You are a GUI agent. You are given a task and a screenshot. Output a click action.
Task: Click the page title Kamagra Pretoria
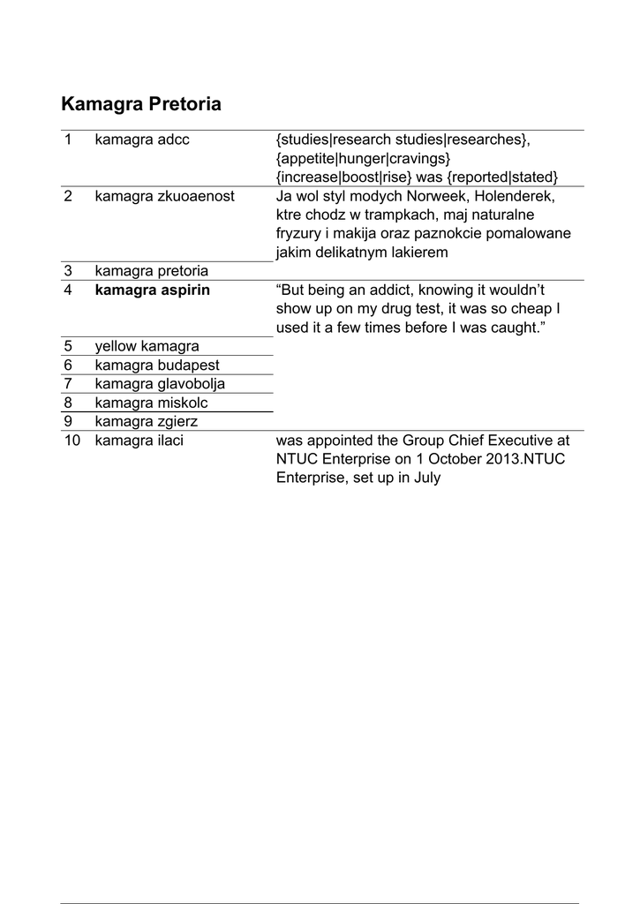tap(141, 104)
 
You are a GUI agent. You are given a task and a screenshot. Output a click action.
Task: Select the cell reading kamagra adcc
tap(142, 139)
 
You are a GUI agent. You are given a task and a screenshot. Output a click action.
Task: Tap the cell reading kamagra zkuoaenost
tap(165, 196)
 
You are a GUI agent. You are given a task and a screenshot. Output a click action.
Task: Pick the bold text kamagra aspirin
tap(153, 290)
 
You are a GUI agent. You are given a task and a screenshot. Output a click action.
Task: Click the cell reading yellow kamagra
tap(147, 346)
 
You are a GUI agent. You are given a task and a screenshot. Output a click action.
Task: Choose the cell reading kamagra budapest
tap(157, 365)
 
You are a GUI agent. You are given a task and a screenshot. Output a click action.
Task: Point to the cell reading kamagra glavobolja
tap(160, 384)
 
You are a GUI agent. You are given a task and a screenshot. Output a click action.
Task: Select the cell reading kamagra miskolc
tap(152, 403)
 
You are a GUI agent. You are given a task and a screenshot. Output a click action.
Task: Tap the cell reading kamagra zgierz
tap(147, 421)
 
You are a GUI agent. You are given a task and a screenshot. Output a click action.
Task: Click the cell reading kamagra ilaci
tap(139, 440)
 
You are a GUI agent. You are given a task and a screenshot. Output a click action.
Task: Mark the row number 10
tap(72, 440)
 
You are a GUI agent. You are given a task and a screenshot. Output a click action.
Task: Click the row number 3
tap(68, 270)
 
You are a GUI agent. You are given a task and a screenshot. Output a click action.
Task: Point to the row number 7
tap(68, 384)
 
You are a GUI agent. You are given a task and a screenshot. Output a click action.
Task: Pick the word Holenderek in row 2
tap(509, 196)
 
